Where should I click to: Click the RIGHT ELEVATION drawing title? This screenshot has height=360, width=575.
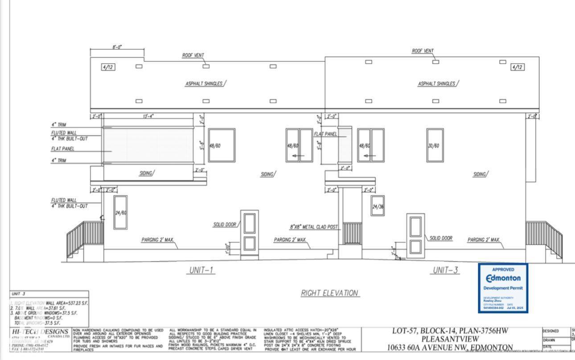pos(330,293)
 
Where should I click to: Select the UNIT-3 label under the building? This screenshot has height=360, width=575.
pos(446,270)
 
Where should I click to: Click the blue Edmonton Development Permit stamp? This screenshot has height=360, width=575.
pos(503,288)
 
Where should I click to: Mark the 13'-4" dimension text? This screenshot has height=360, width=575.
pos(147,116)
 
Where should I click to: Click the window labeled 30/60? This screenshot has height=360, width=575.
pos(435,145)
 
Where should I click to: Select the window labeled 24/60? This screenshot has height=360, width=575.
pos(120,213)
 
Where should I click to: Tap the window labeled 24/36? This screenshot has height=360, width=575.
pos(378,206)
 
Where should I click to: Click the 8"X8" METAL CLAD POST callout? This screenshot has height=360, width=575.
pos(314,227)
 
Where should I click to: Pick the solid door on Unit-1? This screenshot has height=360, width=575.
pos(249,234)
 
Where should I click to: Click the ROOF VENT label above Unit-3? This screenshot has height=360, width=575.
pos(423,51)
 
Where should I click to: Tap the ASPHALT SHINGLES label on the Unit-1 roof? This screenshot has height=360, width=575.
pos(204,84)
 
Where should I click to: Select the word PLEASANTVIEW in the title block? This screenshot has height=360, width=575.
pos(450,339)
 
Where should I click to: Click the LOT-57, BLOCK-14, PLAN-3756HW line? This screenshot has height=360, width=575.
pos(450,331)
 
